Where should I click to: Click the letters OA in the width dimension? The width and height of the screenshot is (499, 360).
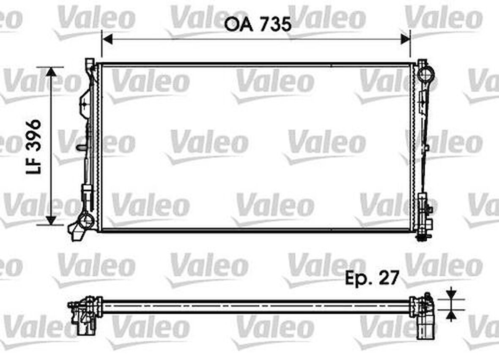(x=239, y=25)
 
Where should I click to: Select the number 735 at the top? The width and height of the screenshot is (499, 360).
(x=275, y=25)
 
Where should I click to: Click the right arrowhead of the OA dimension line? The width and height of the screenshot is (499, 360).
(x=405, y=39)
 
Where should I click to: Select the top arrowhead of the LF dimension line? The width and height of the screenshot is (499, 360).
(x=51, y=72)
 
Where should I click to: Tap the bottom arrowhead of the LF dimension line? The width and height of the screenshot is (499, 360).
(x=51, y=220)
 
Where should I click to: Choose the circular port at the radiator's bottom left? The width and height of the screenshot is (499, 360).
(x=87, y=220)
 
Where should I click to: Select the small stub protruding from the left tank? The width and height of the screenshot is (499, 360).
(x=81, y=148)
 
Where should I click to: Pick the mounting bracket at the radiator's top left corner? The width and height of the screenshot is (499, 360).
(x=90, y=66)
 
